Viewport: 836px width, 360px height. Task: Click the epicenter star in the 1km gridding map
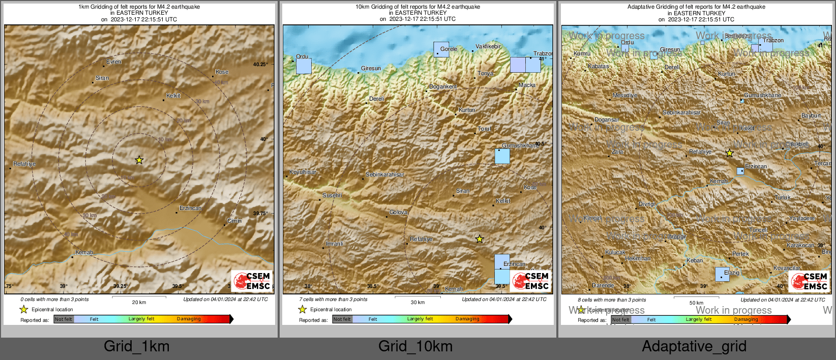tap(139, 160)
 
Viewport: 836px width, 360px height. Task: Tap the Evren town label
tap(114, 62)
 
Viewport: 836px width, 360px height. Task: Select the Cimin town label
tap(234, 221)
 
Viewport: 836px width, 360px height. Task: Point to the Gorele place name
tap(449, 49)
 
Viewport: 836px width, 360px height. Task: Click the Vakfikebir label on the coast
tap(488, 46)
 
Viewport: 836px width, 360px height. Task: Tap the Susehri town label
tap(332, 195)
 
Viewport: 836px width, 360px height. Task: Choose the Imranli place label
tap(335, 244)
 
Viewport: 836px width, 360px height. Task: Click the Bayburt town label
tap(811, 115)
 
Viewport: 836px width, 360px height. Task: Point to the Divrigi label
tap(647, 204)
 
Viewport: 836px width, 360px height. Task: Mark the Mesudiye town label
tap(624, 95)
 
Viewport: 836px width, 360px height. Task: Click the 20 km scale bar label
tap(139, 302)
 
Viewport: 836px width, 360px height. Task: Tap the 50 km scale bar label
tap(696, 303)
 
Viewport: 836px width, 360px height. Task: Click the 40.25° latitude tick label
tap(260, 64)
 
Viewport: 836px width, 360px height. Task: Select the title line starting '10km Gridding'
tap(417, 7)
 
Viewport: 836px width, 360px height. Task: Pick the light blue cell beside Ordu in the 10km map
tap(304, 66)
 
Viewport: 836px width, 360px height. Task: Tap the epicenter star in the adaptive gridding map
tap(729, 153)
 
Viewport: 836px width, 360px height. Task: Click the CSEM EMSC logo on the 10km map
tap(531, 281)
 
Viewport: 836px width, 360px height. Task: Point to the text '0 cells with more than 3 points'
tap(54, 299)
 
